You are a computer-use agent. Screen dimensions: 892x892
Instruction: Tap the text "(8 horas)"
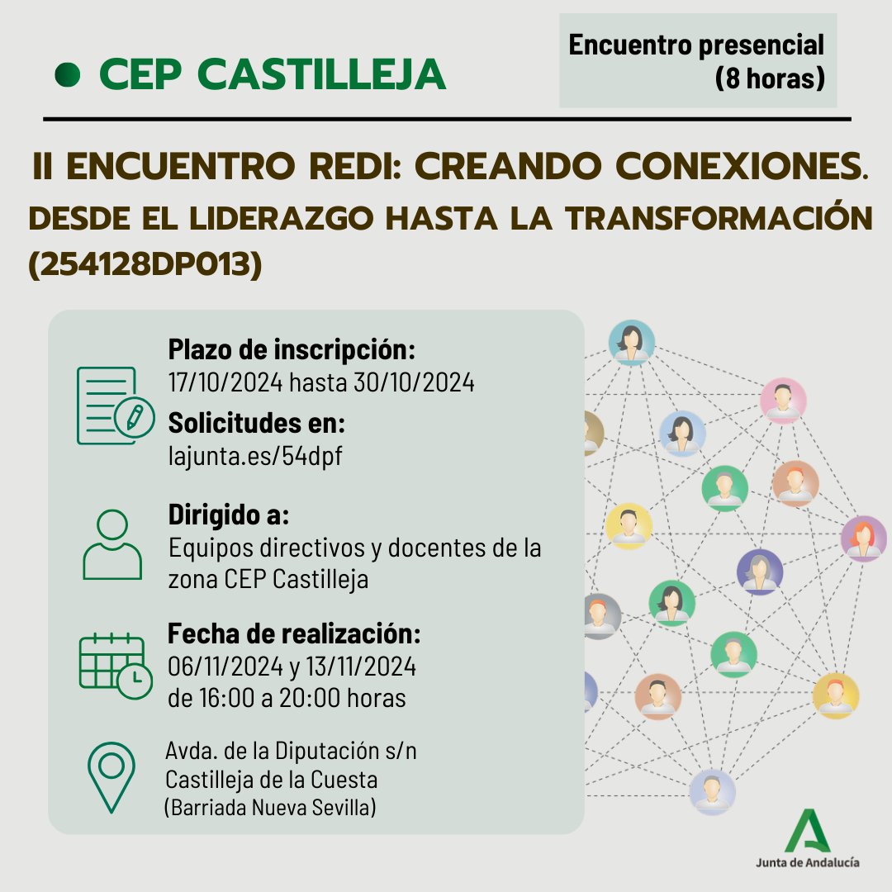coord(770,78)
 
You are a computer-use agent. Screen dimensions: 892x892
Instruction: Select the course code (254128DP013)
coord(145,266)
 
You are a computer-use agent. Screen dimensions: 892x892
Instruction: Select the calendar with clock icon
coord(115,664)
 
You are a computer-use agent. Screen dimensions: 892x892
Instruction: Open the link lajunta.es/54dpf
coord(254,457)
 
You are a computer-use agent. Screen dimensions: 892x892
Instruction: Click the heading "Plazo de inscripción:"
coord(291,350)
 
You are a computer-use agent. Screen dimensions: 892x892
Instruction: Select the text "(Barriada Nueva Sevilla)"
coord(271,807)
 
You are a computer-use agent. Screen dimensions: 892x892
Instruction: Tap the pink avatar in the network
coord(783,401)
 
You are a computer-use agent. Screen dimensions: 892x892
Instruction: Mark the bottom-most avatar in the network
coord(712,791)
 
